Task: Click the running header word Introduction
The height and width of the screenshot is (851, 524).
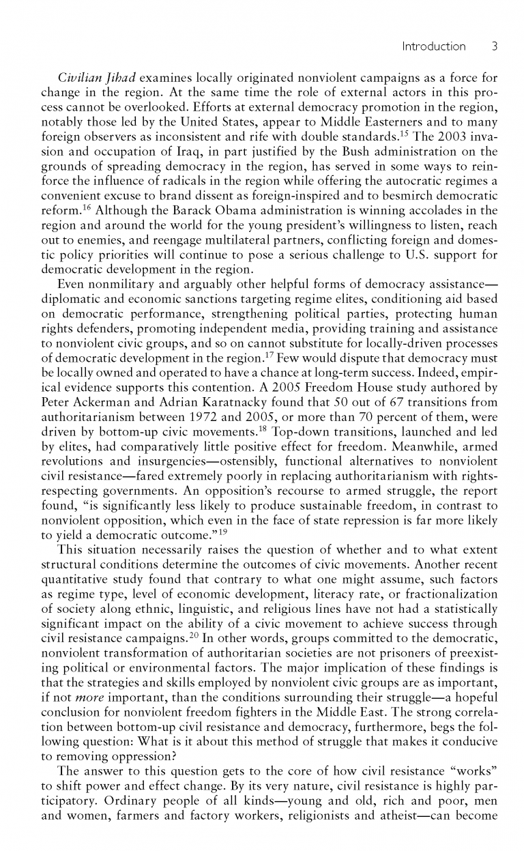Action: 433,46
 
